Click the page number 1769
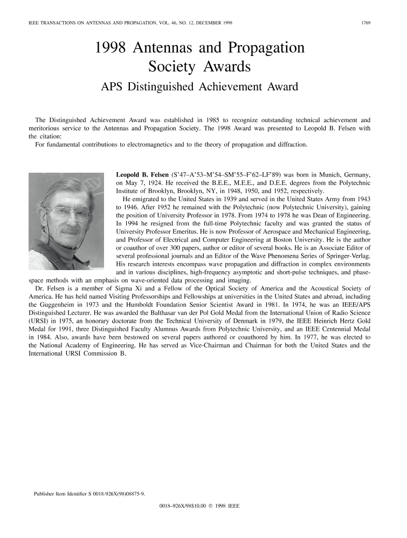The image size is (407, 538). [x=371, y=24]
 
